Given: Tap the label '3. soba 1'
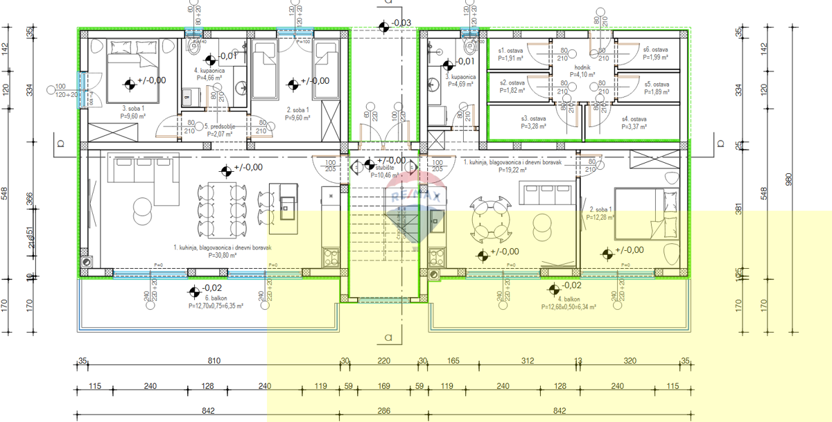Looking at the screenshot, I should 134,109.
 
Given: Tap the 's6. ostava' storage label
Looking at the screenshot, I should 655,50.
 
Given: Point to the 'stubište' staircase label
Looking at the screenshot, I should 385,167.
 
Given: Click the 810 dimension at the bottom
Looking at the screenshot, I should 214,361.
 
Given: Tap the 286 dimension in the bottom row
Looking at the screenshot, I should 383,411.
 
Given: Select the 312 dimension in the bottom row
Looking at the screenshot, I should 528,361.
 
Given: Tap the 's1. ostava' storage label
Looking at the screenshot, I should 511,50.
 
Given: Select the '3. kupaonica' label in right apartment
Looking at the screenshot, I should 460,77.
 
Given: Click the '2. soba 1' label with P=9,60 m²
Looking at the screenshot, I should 298,109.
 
